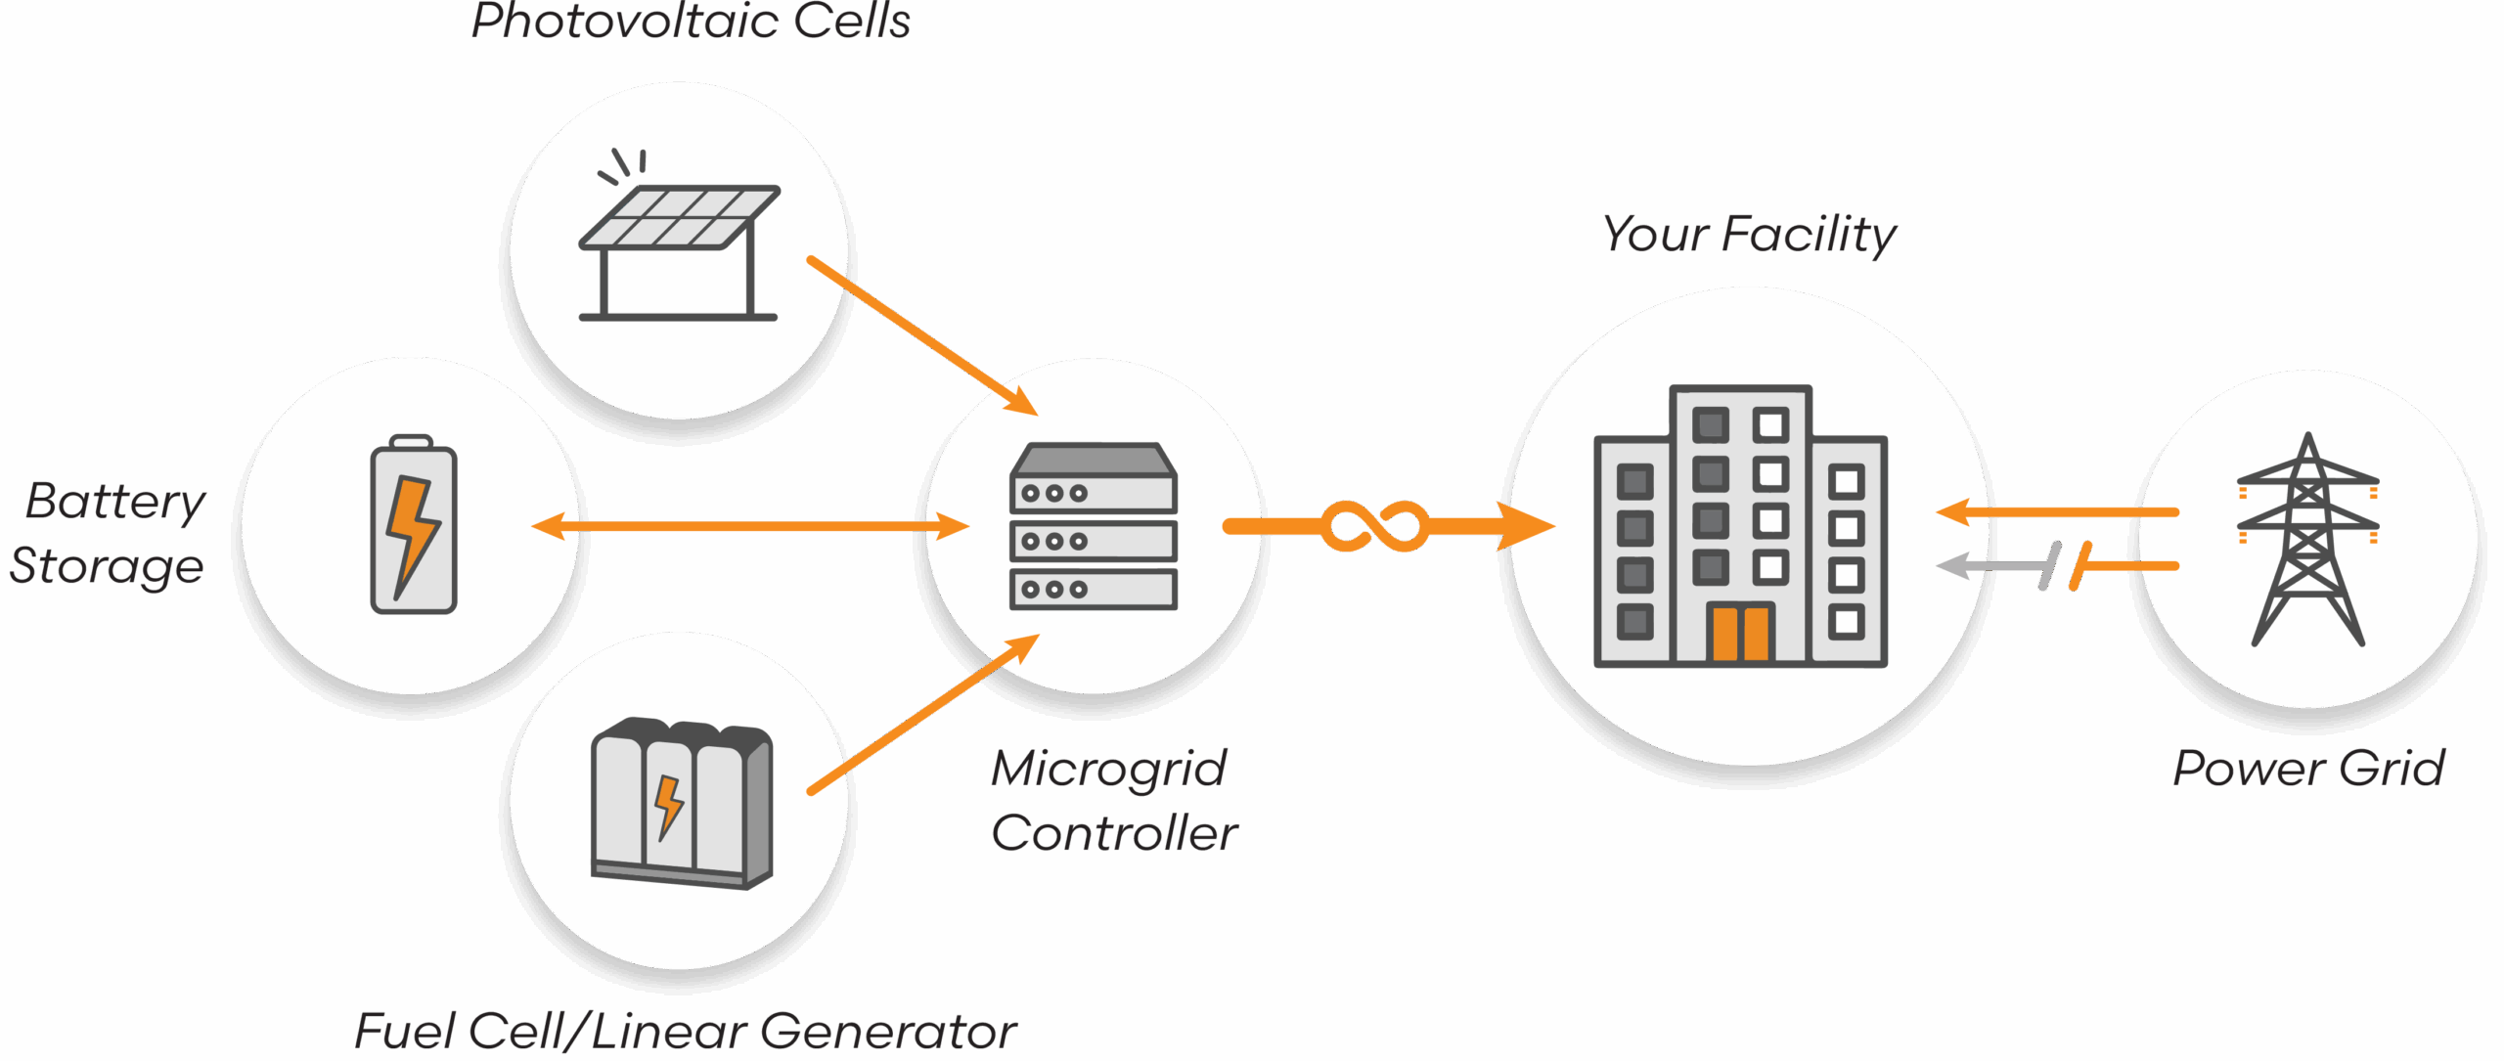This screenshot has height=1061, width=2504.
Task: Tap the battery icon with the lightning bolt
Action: (x=414, y=524)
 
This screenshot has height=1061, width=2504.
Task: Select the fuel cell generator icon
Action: (x=682, y=803)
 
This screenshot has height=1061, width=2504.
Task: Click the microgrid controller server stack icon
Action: (x=1093, y=526)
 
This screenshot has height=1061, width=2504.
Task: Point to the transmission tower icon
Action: (x=2308, y=539)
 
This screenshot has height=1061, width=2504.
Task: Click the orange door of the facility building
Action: (x=1740, y=633)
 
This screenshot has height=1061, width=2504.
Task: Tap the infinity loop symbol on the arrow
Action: (x=1374, y=526)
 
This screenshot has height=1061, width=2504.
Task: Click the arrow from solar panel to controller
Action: (x=922, y=336)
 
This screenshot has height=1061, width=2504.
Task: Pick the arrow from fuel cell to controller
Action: (x=922, y=715)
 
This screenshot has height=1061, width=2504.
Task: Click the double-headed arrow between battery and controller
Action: (x=750, y=526)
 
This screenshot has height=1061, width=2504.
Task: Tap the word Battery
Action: (x=115, y=503)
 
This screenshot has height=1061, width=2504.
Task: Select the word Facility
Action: (x=1809, y=235)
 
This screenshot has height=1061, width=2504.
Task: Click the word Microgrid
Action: (x=1109, y=769)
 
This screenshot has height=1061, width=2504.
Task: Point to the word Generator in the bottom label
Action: (x=888, y=1032)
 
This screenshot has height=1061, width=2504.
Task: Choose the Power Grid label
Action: (x=2308, y=769)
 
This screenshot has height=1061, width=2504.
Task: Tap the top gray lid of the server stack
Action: (x=1093, y=460)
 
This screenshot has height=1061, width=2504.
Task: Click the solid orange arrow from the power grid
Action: (x=2057, y=511)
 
